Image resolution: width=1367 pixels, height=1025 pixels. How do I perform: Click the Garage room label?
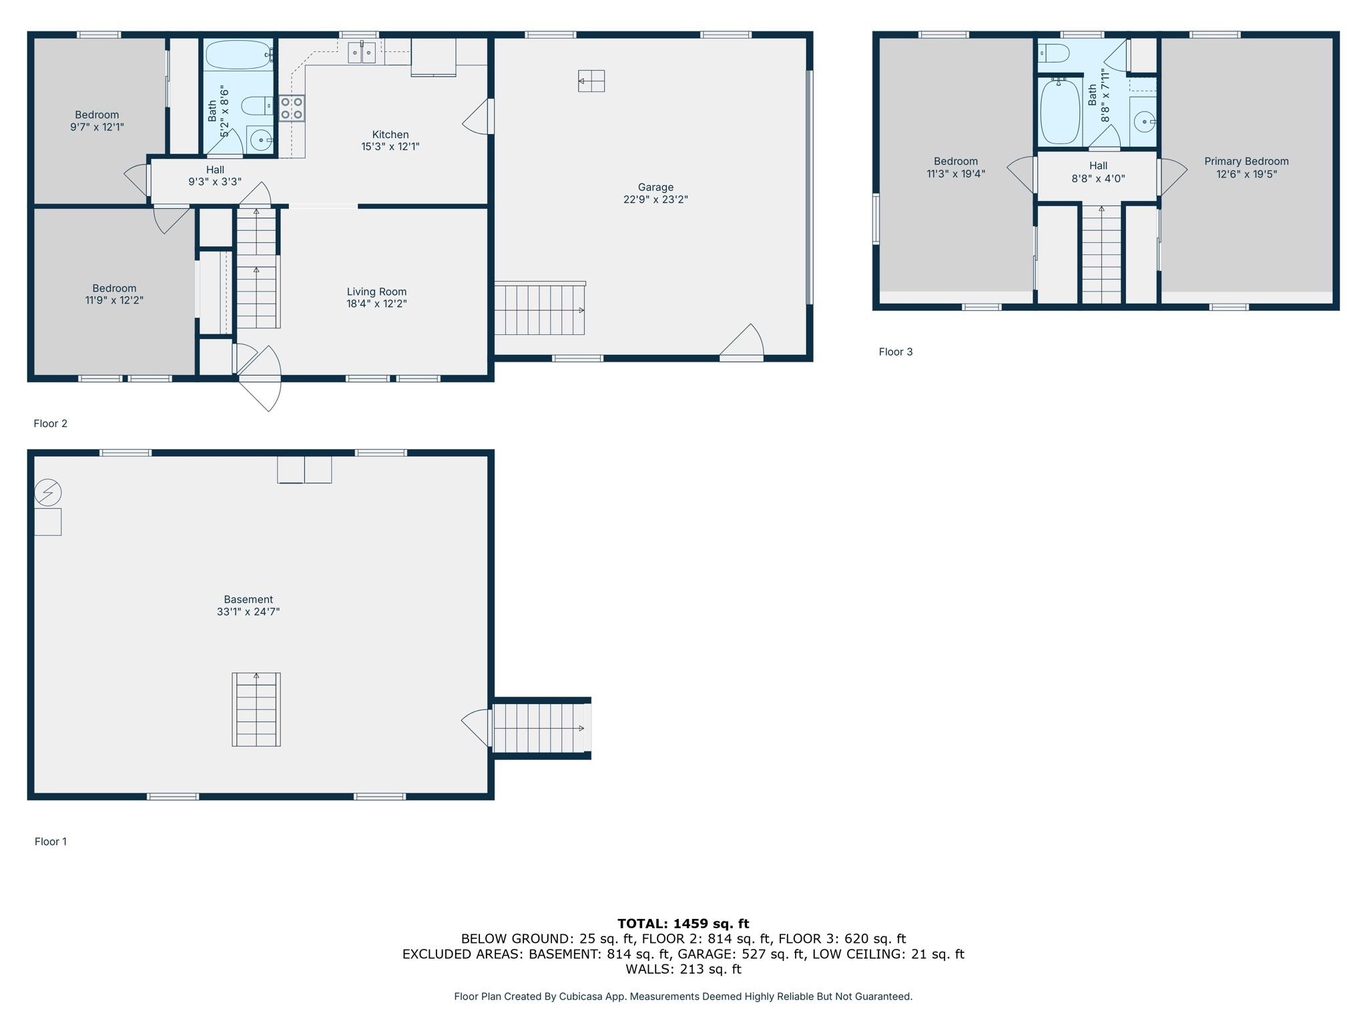655,188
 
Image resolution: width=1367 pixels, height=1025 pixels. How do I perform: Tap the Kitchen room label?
390,135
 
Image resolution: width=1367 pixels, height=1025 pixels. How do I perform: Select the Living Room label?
376,292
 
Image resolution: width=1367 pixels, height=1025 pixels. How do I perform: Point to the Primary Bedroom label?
1246,161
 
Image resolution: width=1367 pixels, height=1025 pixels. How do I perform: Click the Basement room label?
248,599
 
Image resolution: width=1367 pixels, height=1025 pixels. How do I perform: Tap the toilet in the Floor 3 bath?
1054,53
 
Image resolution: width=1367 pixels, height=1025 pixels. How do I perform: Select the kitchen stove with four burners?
292,108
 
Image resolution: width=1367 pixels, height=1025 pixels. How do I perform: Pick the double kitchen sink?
362,52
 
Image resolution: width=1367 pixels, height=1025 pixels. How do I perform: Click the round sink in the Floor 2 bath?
261,140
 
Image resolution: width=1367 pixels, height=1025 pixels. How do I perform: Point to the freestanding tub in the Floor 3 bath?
1061,111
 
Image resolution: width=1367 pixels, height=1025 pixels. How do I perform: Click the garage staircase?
540,308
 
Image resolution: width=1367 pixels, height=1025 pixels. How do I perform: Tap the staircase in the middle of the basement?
256,709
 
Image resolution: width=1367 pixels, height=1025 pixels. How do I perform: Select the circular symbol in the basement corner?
48,493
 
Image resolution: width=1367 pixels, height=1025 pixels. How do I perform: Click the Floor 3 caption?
896,352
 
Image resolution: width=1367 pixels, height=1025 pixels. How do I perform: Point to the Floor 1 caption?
51,841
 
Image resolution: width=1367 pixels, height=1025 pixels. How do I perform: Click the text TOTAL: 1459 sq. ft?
683,924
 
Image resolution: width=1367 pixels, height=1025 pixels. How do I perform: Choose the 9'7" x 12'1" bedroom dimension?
97,127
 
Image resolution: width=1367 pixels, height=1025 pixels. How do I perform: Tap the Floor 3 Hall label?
1098,166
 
